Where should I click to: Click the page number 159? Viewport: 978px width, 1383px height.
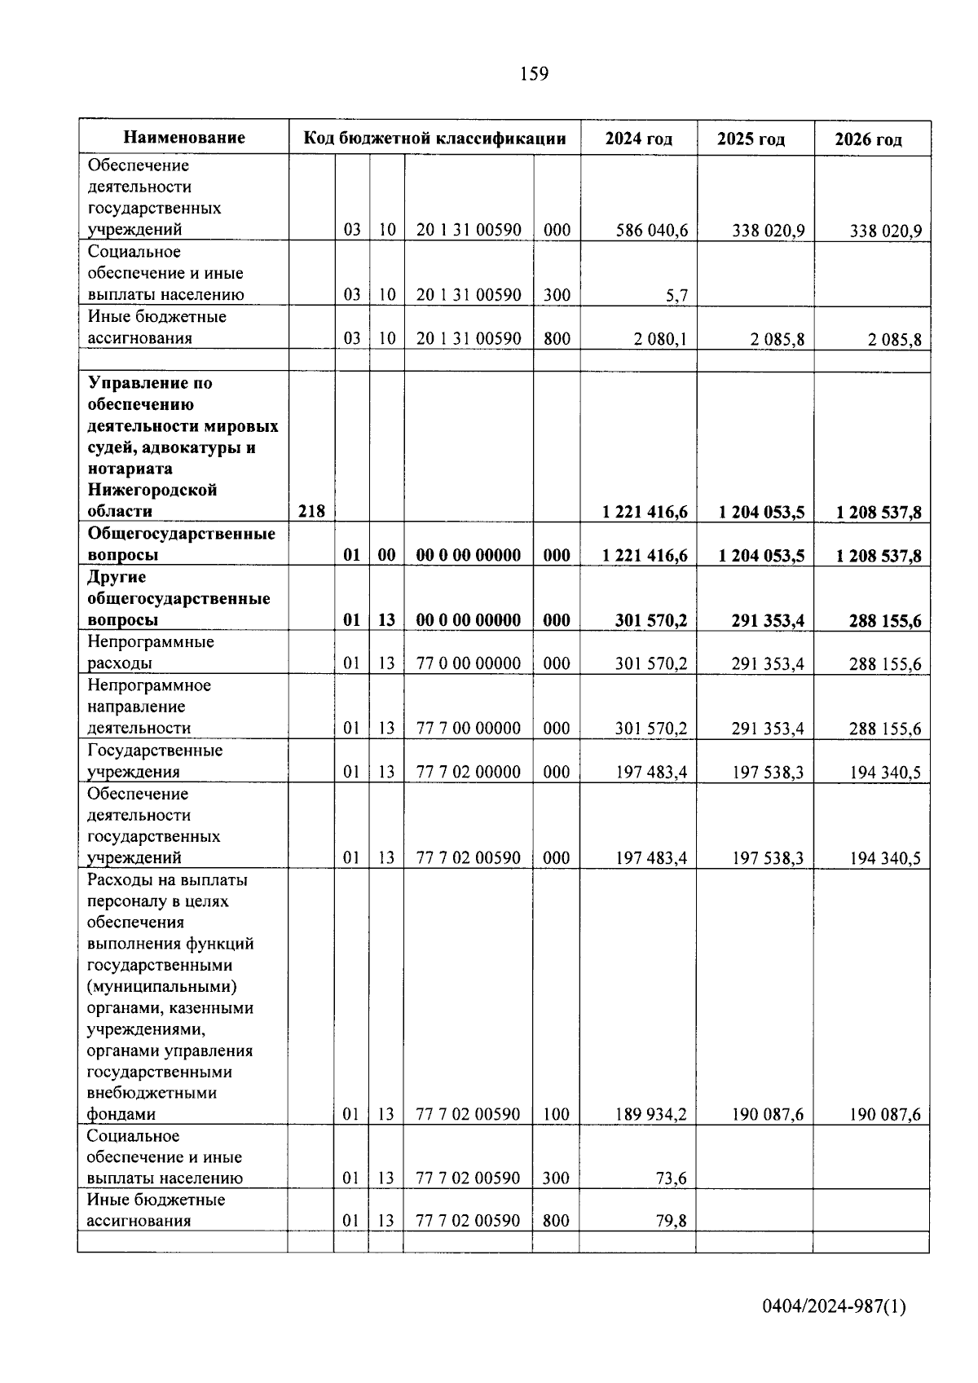(x=534, y=74)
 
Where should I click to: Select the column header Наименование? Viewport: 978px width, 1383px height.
(x=184, y=138)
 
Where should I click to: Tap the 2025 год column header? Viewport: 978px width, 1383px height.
(x=751, y=139)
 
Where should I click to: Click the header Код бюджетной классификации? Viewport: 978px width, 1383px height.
(x=434, y=138)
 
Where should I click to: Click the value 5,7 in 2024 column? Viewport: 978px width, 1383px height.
(x=676, y=296)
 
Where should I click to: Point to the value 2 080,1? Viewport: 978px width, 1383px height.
(x=660, y=339)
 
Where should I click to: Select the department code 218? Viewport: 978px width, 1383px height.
(x=311, y=512)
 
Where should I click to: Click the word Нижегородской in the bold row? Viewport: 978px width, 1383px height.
(x=152, y=491)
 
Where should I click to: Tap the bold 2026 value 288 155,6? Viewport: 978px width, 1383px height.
(x=884, y=621)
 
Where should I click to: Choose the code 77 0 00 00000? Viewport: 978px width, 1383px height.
(x=468, y=663)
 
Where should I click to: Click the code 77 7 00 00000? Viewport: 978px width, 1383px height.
(x=468, y=729)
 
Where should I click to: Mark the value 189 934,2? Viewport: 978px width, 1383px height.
(x=650, y=1114)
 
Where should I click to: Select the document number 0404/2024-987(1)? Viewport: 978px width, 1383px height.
(x=833, y=1306)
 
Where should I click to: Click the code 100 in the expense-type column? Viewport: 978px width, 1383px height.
(x=556, y=1114)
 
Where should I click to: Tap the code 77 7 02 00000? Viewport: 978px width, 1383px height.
(x=468, y=772)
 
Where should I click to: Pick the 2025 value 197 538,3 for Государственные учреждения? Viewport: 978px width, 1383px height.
(x=767, y=772)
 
